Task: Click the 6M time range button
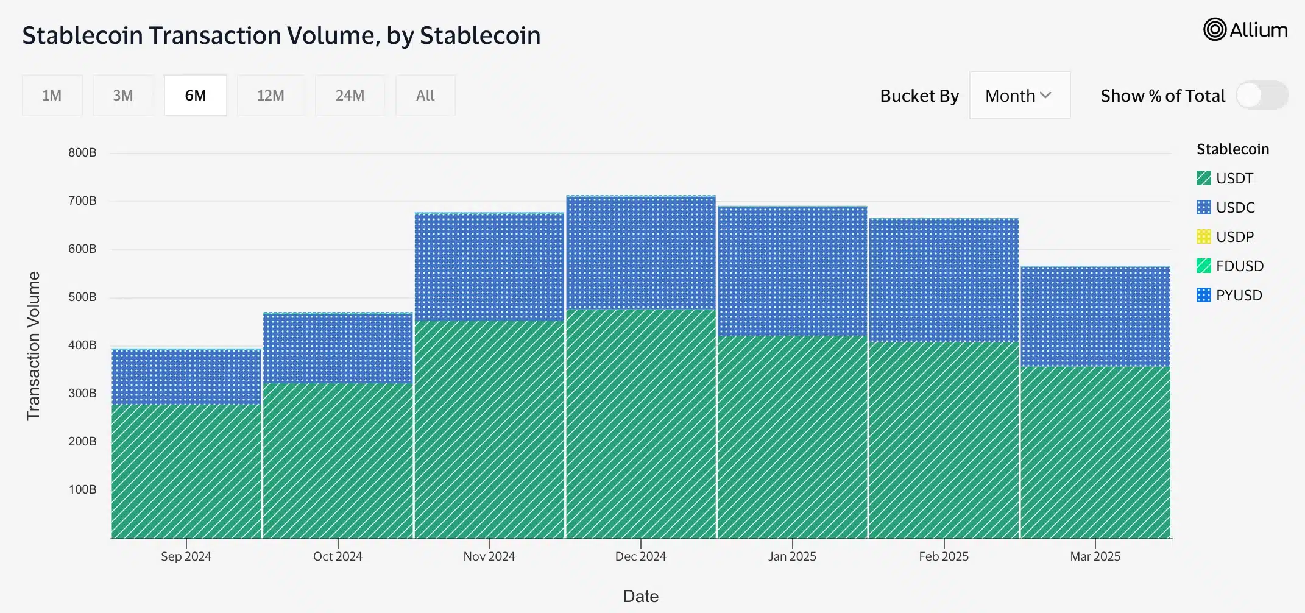196,95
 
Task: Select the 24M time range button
350,95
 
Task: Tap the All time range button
425,95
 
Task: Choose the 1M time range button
52,95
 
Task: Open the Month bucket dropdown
1020,95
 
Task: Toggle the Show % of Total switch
1262,96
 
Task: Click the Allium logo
1245,29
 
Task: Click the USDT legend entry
1225,178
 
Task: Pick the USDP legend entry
1225,236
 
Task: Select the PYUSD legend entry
1229,295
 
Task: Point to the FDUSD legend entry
1230,266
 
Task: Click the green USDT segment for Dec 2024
641,423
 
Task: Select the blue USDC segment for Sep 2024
186,377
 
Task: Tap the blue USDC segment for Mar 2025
1095,317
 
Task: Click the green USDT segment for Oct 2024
338,461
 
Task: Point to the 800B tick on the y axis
82,152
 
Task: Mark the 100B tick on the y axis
82,489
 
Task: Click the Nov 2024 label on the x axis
489,556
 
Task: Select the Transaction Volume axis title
33,345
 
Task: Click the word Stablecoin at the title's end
480,35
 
